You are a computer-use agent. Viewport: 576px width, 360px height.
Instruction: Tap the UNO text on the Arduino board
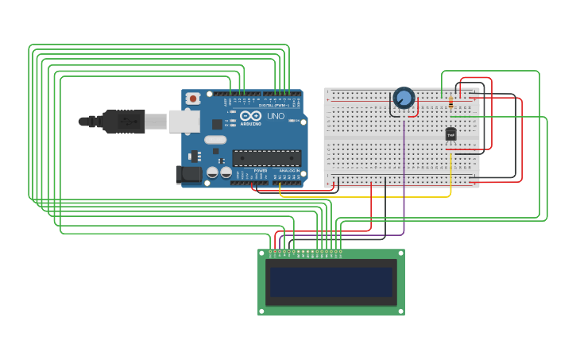coord(276,116)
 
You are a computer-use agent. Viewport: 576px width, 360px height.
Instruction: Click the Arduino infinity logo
coord(249,116)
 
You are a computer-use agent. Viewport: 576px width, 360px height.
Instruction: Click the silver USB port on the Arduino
coord(183,121)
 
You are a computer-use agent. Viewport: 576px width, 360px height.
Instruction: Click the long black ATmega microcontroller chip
coord(266,158)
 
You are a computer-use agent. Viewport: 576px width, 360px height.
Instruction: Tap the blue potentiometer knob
coord(404,98)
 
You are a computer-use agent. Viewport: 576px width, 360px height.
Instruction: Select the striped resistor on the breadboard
coord(451,103)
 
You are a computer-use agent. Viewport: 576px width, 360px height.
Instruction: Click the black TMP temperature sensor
coord(450,134)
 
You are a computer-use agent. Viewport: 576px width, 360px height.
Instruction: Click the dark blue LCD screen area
coord(331,282)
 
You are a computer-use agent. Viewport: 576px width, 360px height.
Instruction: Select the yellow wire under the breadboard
coord(365,196)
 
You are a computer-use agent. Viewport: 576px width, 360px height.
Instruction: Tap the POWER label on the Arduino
coord(261,170)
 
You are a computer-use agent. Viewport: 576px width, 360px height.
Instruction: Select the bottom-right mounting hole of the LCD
coord(400,310)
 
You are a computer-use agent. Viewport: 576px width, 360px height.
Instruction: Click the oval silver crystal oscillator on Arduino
coord(215,140)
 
